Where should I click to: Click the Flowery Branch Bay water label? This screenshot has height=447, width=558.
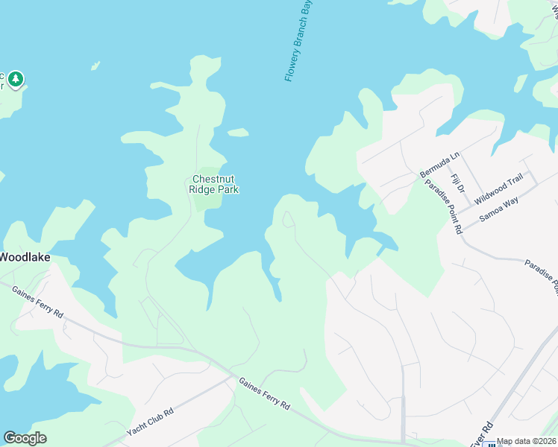point(298,41)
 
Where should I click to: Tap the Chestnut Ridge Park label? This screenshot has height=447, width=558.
point(214,184)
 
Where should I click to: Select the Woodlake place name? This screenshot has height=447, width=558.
point(24,257)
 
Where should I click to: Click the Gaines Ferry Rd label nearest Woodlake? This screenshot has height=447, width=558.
point(37,300)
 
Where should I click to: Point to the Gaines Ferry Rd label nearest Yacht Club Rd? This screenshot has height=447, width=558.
point(264,393)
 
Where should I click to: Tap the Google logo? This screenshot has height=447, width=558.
point(25,438)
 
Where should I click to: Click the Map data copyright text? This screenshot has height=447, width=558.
point(526,441)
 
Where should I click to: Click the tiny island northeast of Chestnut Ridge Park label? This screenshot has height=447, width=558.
point(238,133)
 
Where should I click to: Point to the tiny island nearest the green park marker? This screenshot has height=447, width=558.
point(95,66)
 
